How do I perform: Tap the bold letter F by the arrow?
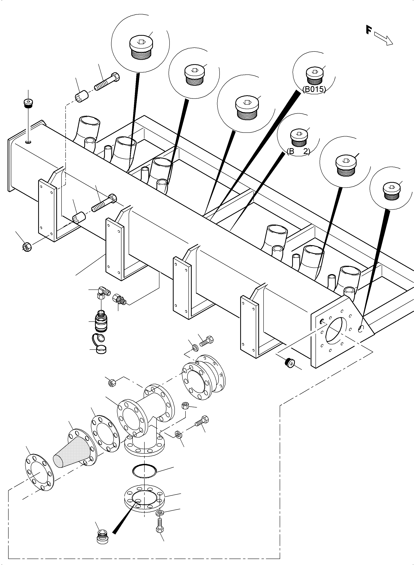[368, 30]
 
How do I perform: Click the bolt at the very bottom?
[160, 526]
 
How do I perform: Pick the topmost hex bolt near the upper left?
[107, 81]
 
